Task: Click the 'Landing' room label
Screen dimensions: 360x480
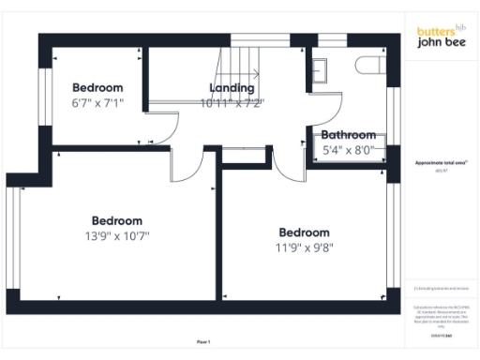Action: click(x=231, y=88)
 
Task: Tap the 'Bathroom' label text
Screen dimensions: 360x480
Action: click(x=348, y=135)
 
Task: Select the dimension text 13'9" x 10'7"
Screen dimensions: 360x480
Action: click(x=117, y=236)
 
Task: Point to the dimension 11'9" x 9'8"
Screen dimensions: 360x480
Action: click(x=305, y=248)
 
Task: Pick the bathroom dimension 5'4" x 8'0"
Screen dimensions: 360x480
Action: click(x=348, y=149)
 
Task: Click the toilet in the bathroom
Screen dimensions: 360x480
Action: click(x=368, y=65)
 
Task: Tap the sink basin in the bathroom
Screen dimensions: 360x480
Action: click(x=322, y=69)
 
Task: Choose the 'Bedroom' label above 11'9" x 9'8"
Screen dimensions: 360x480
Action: click(x=305, y=232)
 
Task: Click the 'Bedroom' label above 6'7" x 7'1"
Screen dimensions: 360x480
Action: click(x=98, y=88)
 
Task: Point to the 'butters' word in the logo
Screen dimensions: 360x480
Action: click(x=432, y=31)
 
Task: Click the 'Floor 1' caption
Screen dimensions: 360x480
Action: click(x=204, y=341)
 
